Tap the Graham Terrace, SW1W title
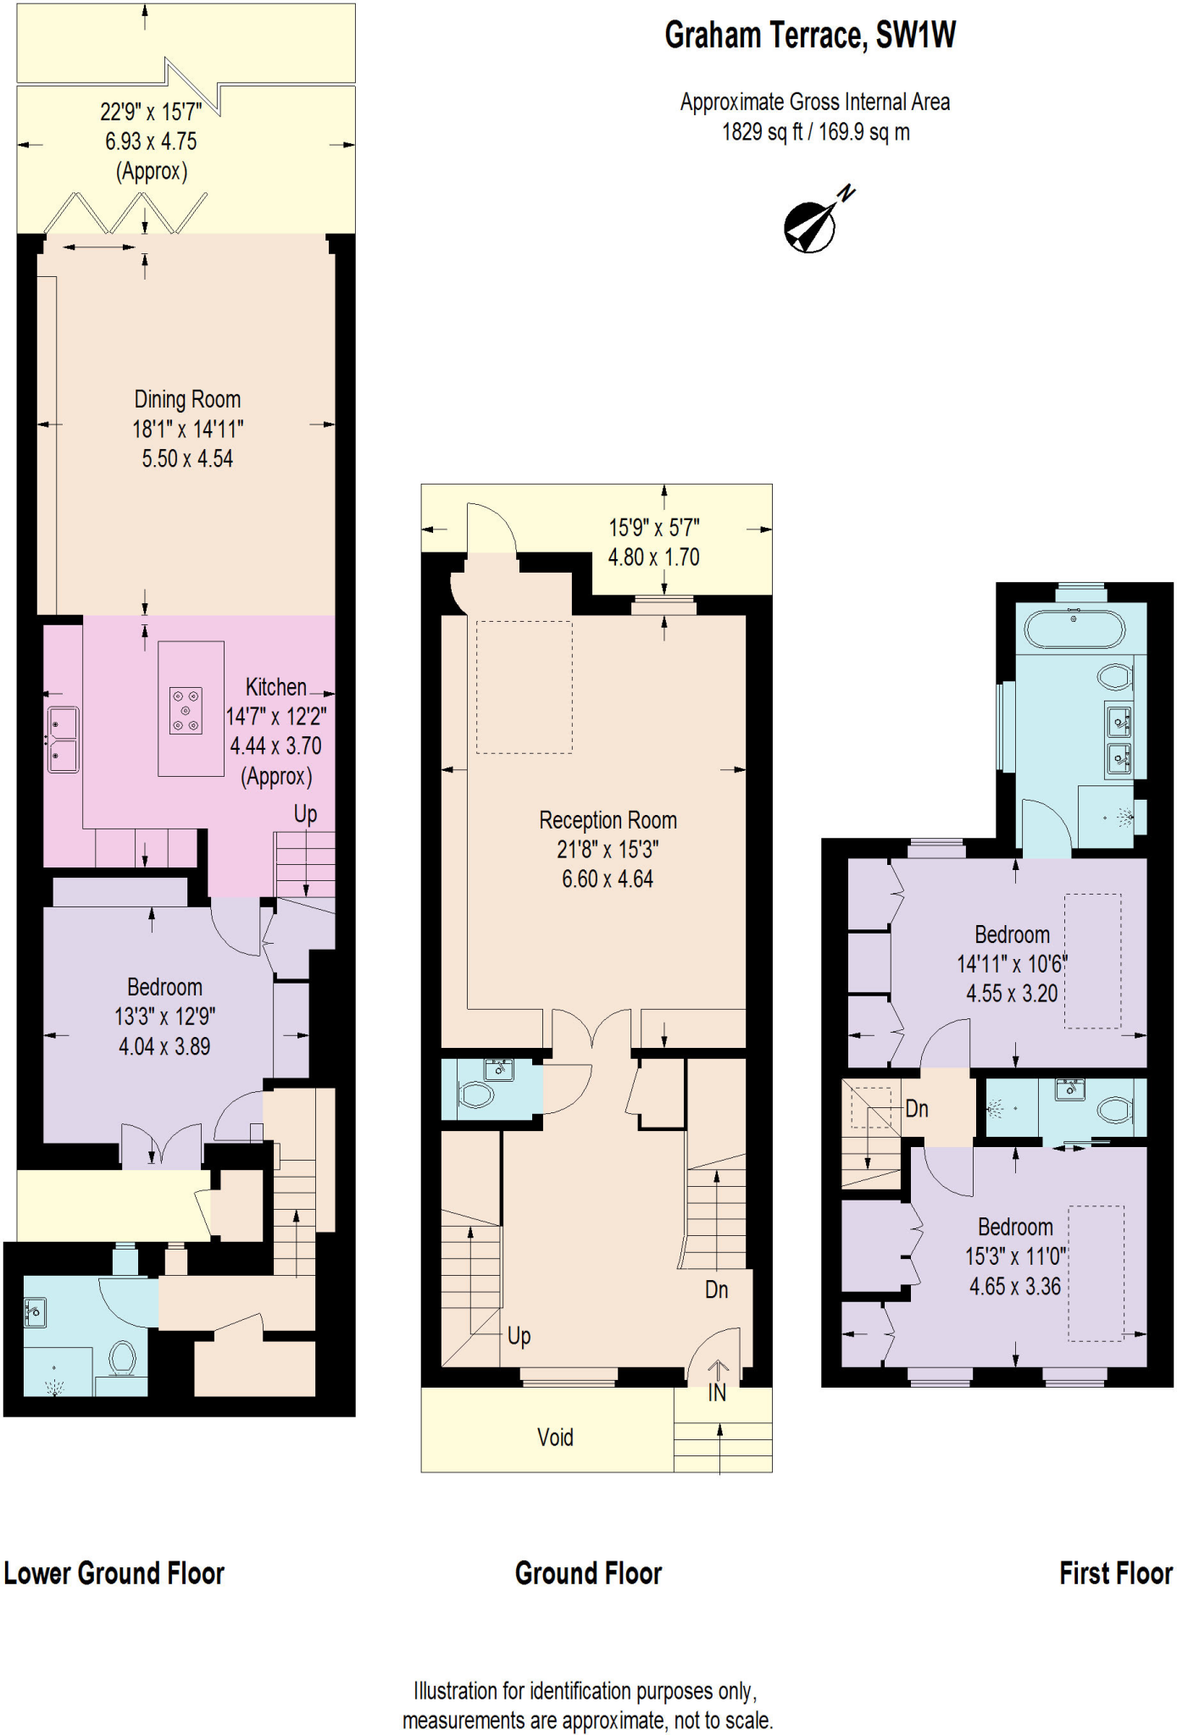[809, 36]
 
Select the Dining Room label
[187, 399]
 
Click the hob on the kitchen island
[186, 710]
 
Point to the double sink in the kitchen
[63, 740]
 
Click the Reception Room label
[608, 820]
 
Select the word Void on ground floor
[555, 1437]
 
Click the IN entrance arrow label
[717, 1393]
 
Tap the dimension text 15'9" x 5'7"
[653, 528]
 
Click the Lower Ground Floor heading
[114, 1573]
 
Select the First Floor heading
[1115, 1573]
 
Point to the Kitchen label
[275, 687]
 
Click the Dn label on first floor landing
[917, 1109]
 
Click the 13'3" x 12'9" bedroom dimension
[164, 1017]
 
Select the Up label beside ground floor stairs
[519, 1336]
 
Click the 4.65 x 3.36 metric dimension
[1014, 1286]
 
